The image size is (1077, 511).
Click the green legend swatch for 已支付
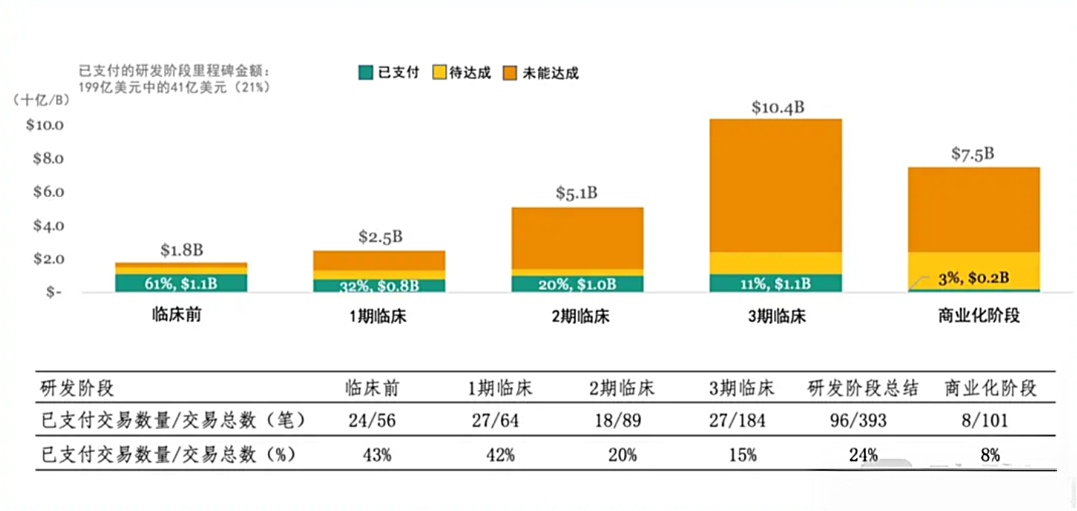pyautogui.click(x=366, y=72)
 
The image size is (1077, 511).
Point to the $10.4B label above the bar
pyautogui.click(x=778, y=107)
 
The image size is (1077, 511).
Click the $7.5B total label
pyautogui.click(x=973, y=154)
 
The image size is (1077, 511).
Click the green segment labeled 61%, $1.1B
pyautogui.click(x=181, y=283)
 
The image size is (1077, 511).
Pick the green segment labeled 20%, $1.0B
pyautogui.click(x=577, y=283)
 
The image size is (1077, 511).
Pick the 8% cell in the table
pyautogui.click(x=990, y=455)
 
